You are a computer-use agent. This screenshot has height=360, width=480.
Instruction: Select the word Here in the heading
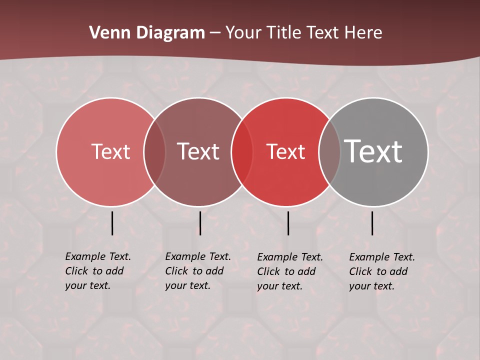coord(363,33)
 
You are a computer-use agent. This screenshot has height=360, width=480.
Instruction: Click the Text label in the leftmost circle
coord(110,152)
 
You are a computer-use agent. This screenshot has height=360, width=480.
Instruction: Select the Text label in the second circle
coord(198,152)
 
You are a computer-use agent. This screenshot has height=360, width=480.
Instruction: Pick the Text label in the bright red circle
coord(285,152)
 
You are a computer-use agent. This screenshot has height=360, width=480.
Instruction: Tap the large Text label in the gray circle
coord(373,151)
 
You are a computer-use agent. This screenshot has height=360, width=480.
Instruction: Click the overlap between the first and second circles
coord(154,152)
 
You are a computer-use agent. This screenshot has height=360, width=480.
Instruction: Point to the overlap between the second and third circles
coord(242,152)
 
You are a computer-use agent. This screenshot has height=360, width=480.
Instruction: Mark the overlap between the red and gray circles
coord(329,152)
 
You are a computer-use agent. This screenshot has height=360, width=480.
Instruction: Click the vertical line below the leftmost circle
coord(112,223)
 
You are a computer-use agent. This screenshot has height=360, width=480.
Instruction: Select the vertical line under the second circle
coord(200,223)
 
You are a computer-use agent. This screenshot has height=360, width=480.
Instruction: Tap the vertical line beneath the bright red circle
coord(288,223)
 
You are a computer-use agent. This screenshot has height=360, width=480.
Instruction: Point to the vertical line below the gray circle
coord(372,223)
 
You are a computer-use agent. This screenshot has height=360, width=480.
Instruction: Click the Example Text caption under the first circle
coord(98,271)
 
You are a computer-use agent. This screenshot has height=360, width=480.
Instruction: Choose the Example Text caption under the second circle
coord(198,271)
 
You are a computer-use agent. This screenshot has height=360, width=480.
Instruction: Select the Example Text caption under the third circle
coord(290,271)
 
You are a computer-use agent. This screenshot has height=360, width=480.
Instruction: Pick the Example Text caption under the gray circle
coord(382,271)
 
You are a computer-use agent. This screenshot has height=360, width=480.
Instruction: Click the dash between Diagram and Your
coord(215,33)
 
